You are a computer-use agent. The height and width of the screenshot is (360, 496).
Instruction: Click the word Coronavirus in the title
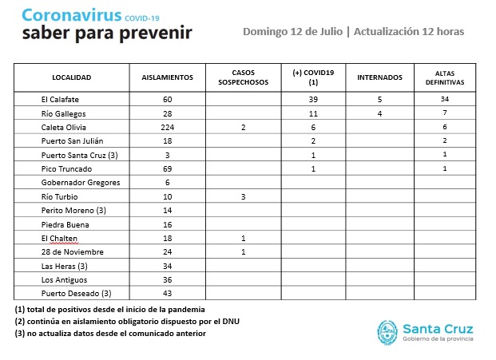[74, 15]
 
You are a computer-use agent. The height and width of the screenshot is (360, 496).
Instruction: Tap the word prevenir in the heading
[159, 34]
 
